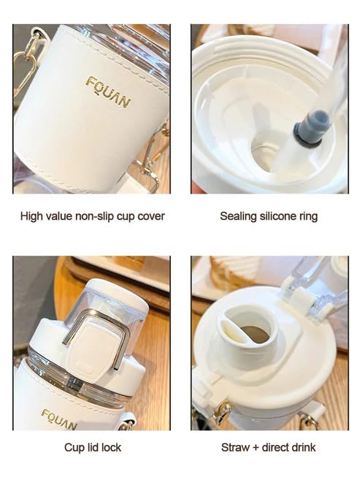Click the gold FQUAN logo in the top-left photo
109,93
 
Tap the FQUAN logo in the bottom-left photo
59,419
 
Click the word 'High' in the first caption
31,216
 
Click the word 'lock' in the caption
111,448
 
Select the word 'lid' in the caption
92,448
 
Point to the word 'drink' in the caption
303,448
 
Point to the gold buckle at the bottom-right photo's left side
221,411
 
